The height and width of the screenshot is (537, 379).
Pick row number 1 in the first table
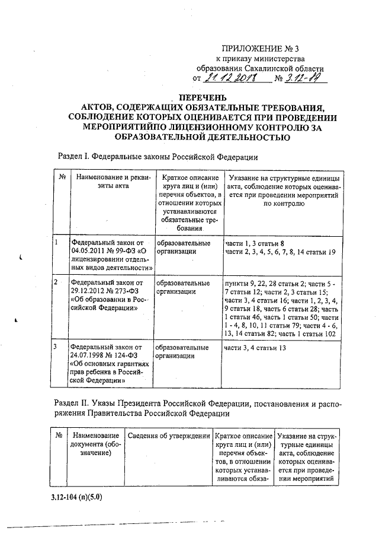(x=57, y=243)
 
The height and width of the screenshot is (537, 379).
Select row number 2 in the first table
(x=57, y=282)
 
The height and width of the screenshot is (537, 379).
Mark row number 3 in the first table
(x=57, y=347)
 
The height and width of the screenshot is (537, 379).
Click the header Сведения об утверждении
(x=169, y=436)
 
